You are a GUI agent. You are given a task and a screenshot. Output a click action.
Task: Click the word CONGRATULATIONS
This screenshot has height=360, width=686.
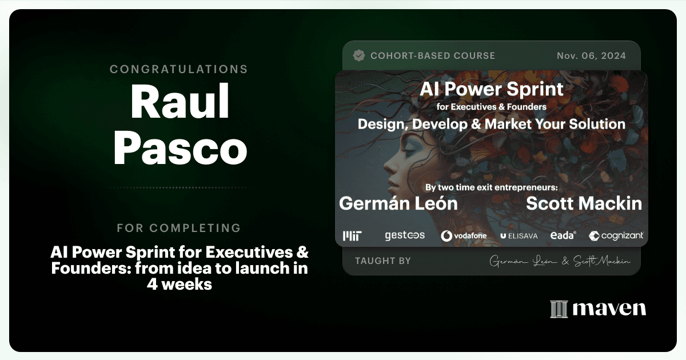(179, 69)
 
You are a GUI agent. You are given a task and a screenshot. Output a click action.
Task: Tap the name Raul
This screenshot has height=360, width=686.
(180, 101)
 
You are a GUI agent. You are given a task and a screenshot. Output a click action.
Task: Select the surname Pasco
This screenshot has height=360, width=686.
(180, 148)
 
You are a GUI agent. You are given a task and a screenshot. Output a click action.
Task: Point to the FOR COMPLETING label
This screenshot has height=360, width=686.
(179, 228)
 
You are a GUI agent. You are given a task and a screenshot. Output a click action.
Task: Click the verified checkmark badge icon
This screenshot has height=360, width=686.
(358, 56)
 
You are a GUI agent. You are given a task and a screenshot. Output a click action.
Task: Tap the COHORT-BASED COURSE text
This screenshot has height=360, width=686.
(433, 56)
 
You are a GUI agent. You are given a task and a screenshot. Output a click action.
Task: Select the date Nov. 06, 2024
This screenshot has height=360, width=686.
(591, 56)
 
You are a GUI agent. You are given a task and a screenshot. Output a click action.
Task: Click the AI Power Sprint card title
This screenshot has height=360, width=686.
(492, 89)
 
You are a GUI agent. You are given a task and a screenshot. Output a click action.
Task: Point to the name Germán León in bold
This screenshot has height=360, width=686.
(398, 203)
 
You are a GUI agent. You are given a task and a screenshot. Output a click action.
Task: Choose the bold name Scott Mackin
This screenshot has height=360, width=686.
(584, 203)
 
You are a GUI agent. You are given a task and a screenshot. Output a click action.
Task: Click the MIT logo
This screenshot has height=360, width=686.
(352, 235)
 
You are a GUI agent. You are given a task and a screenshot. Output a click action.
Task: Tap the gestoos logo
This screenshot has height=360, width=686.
(405, 235)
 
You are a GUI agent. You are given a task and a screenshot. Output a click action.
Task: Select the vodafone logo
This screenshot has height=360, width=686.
(464, 235)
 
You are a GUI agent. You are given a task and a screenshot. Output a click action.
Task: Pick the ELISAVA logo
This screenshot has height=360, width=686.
(519, 236)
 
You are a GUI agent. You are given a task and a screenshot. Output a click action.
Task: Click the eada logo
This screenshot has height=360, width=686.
(563, 235)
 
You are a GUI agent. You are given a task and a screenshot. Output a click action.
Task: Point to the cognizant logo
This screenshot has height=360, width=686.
(616, 235)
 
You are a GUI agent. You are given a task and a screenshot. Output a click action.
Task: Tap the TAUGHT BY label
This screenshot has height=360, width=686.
(383, 261)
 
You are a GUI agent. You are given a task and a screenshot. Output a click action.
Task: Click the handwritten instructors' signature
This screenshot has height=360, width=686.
(560, 261)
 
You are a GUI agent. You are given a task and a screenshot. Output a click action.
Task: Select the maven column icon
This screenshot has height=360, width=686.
(559, 309)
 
